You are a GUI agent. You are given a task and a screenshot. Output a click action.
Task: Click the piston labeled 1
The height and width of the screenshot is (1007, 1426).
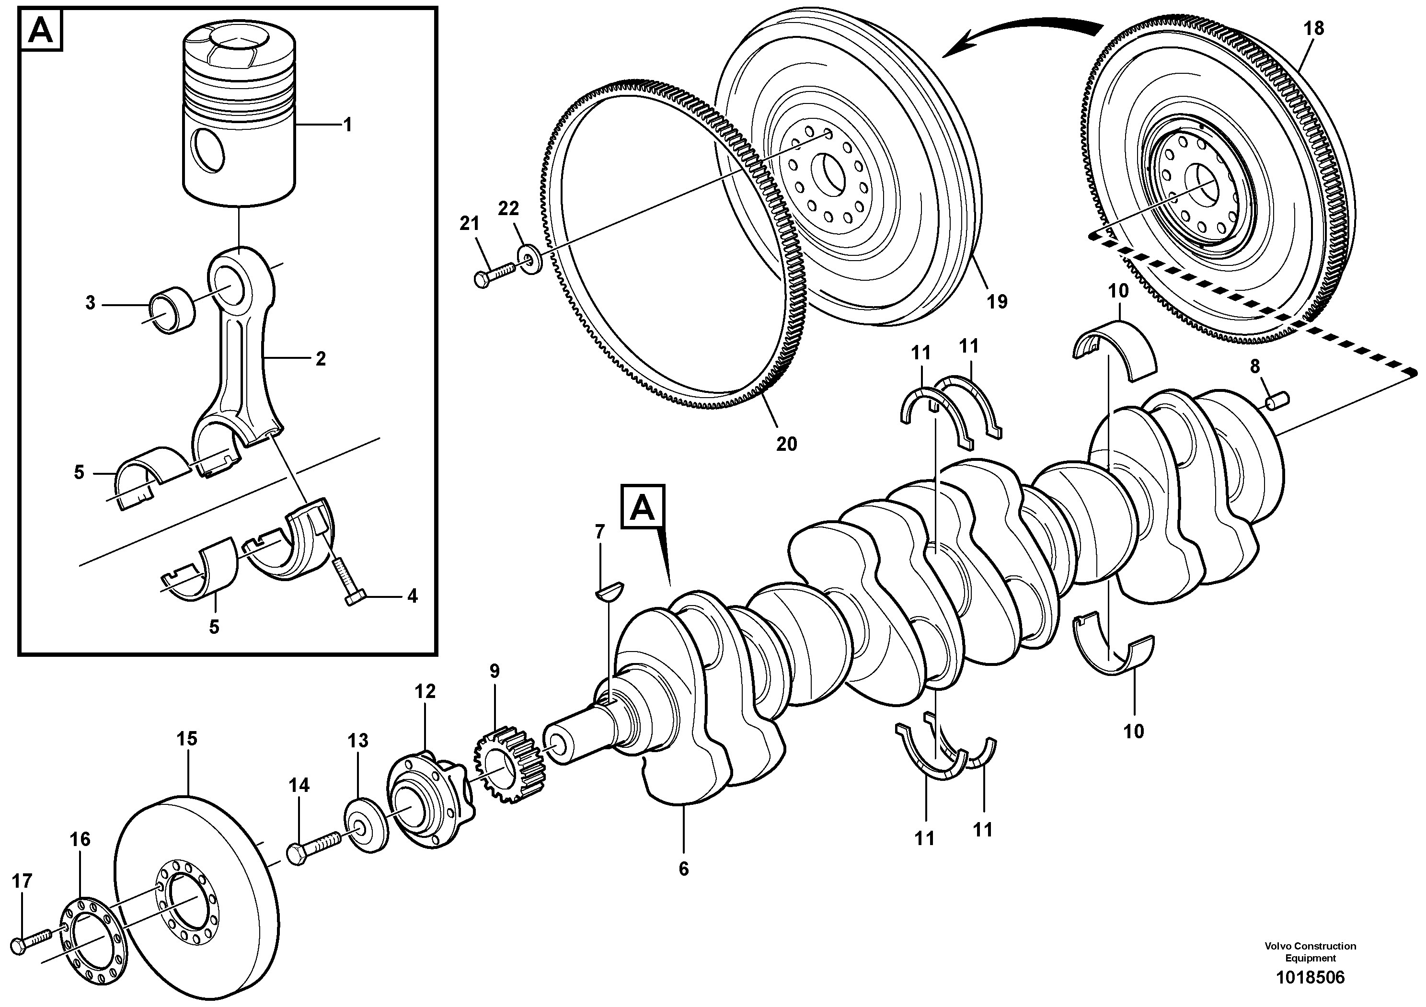pos(239,124)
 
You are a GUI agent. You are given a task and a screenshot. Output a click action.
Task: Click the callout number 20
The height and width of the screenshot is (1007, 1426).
pos(786,444)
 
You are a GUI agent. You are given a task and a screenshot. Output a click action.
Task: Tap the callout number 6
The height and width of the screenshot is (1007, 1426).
pos(683,869)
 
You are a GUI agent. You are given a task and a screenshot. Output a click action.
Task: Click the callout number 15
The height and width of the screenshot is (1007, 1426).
pos(187,739)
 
